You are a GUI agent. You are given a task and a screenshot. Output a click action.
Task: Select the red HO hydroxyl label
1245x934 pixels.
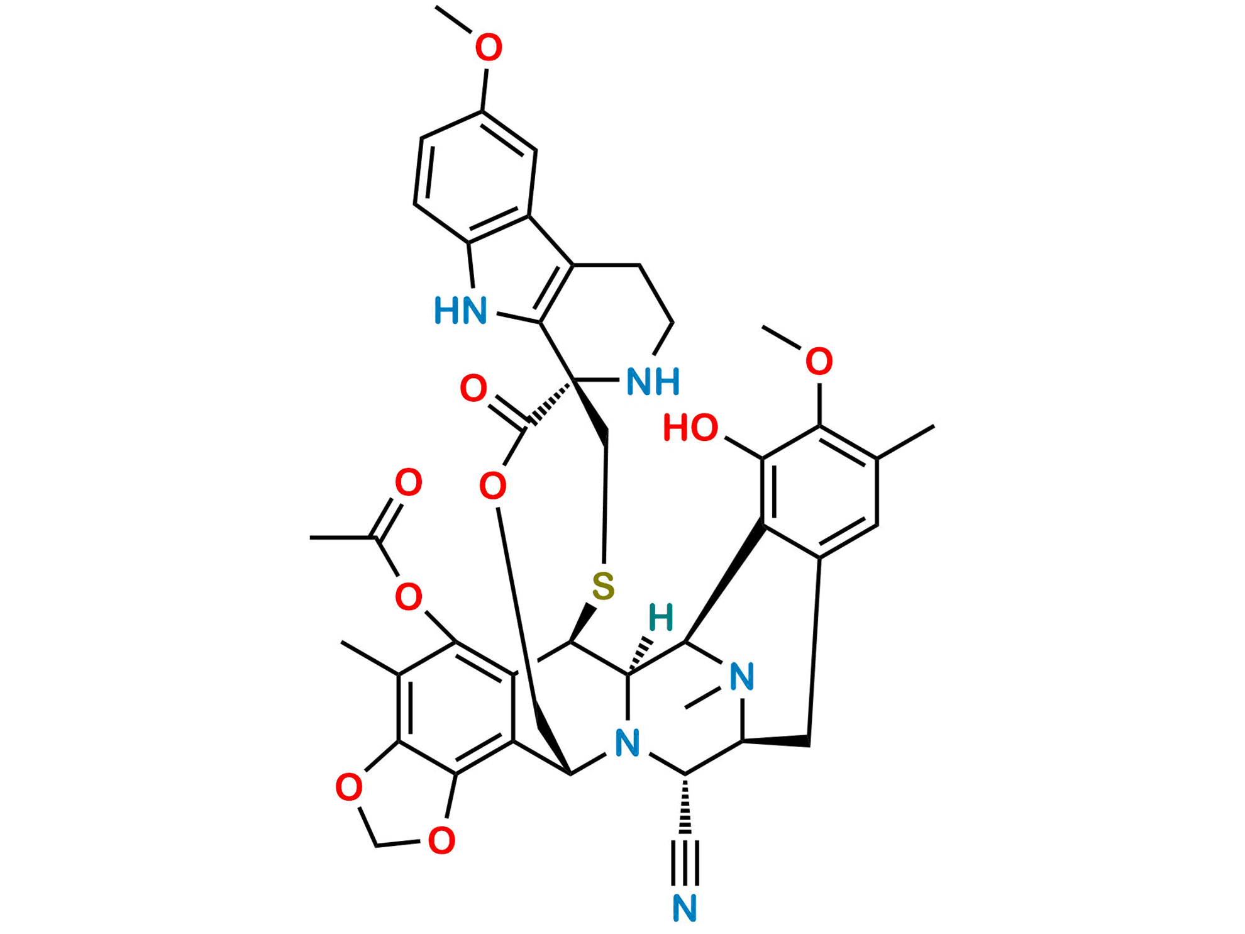coord(690,428)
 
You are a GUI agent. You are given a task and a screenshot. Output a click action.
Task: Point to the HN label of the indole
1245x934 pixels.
coord(460,311)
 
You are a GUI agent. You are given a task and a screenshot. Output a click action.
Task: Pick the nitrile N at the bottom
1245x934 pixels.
coord(685,908)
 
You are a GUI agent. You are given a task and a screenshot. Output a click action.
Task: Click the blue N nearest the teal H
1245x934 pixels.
coord(741,677)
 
